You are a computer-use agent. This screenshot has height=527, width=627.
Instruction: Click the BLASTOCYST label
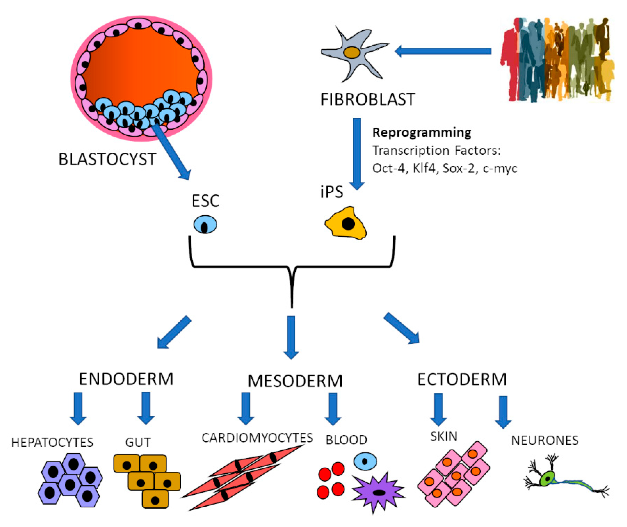(107, 159)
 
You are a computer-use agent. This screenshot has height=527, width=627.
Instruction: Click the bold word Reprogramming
(421, 132)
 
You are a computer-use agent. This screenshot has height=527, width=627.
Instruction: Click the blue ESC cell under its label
(205, 224)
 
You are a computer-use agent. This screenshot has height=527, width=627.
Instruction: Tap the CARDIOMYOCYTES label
(257, 438)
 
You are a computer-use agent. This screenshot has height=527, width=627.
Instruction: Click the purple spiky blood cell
(379, 492)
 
